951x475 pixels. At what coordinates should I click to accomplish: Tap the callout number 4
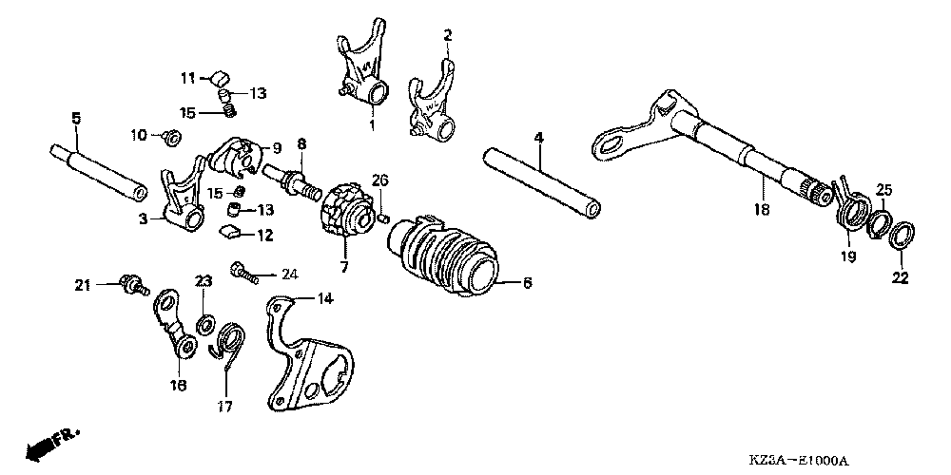[x=538, y=138]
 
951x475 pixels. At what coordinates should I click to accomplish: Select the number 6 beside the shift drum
[x=528, y=282]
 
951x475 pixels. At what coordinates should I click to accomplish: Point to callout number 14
[x=325, y=298]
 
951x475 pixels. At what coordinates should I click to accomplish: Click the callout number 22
[x=900, y=278]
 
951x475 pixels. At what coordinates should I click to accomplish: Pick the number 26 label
[x=379, y=180]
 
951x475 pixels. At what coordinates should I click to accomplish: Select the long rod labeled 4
[x=542, y=180]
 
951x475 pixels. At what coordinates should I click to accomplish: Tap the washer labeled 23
[x=204, y=324]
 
